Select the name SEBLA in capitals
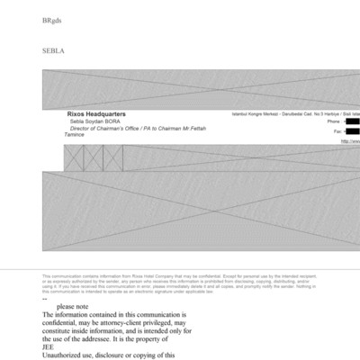pyautogui.click(x=53, y=52)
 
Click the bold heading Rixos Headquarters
pyautogui.click(x=96, y=114)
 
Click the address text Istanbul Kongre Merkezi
pyautogui.click(x=256, y=113)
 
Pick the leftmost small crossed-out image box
pyautogui.click(x=74, y=157)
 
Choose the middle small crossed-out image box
pyautogui.click(x=93, y=157)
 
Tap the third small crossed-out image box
pyautogui.click(x=112, y=157)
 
